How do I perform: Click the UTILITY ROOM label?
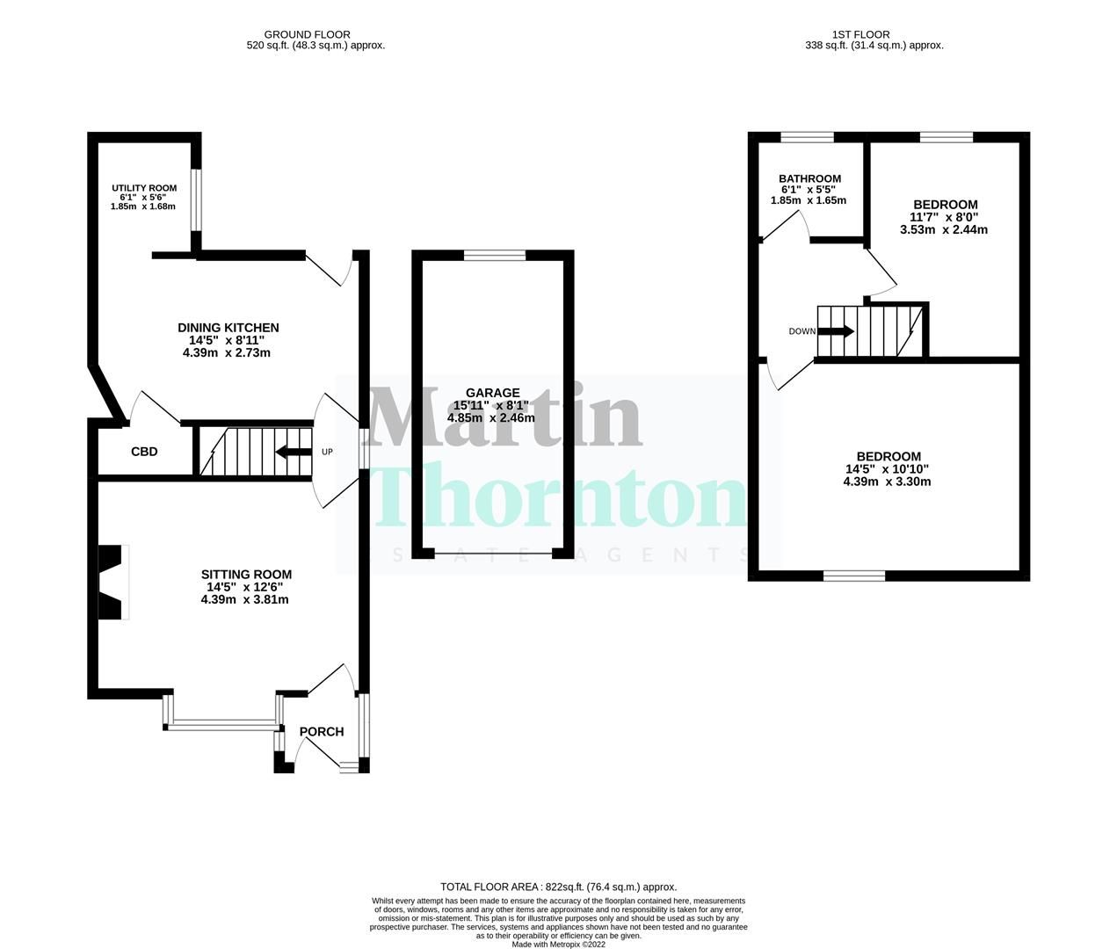coord(143,188)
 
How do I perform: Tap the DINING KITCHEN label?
coord(228,328)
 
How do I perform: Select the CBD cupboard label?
coord(144,452)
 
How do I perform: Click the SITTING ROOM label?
coord(245,575)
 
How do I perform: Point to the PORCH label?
coord(322,731)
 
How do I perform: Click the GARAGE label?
coord(492,393)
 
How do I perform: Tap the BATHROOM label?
coord(809,178)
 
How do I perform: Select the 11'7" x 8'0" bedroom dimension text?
coord(944,217)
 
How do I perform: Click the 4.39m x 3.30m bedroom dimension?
coord(887,481)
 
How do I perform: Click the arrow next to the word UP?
coord(293,453)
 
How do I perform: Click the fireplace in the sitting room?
coord(112,583)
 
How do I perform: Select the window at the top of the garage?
coord(494,255)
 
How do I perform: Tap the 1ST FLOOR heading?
coord(874,35)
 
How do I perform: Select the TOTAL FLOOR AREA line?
coord(558,887)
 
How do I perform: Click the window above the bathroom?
coord(808,136)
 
